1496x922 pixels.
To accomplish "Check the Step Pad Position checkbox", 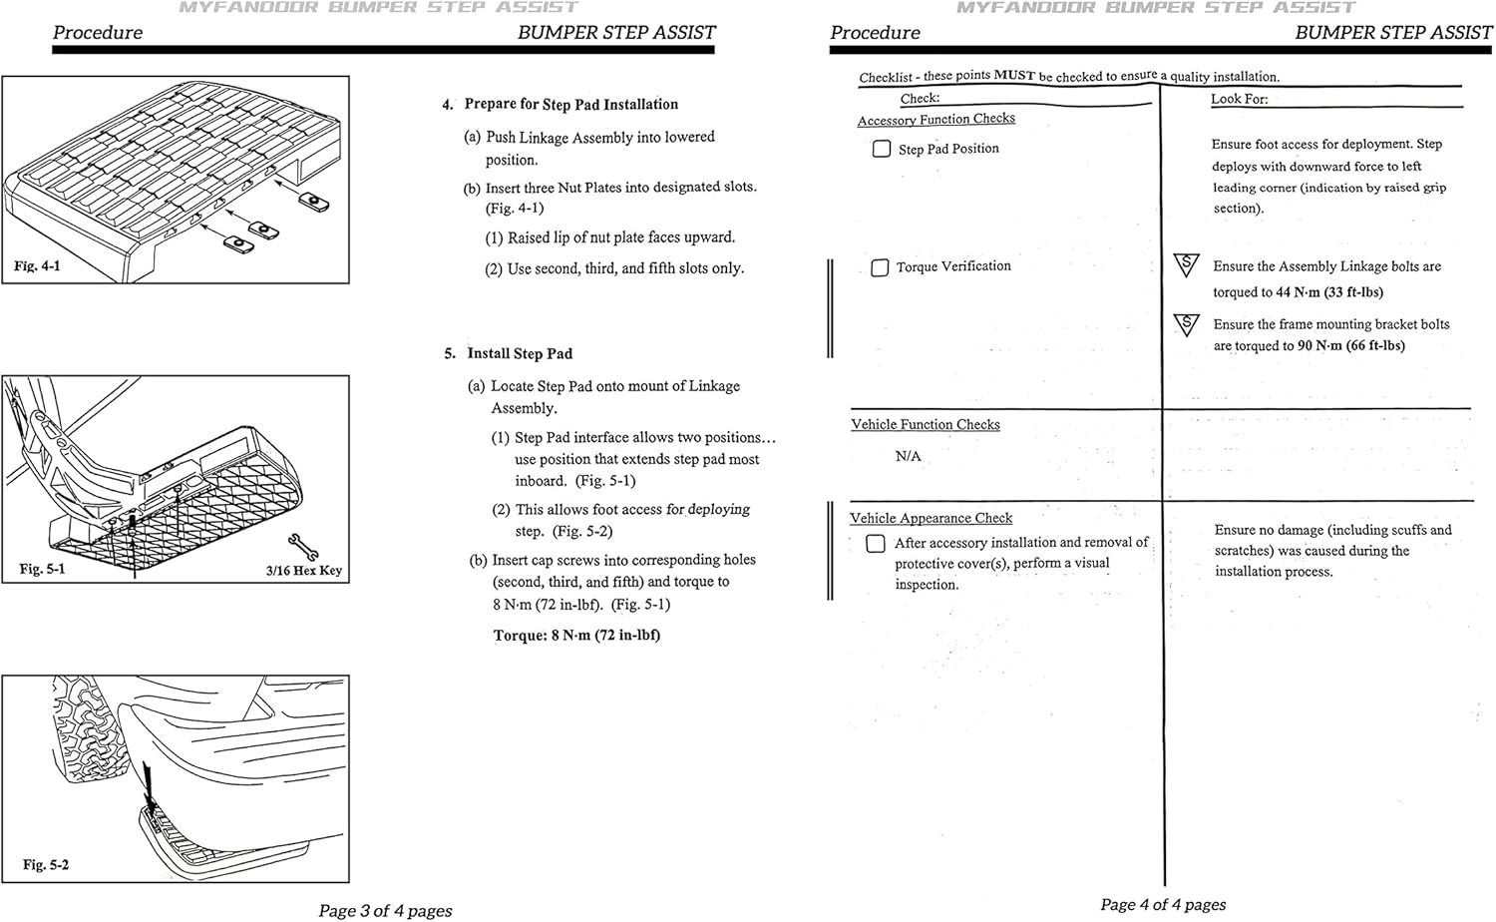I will tap(882, 149).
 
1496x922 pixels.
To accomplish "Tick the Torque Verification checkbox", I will tap(880, 267).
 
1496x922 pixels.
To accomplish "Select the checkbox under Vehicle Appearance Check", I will tap(876, 544).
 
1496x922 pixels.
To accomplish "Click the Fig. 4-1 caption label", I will tap(37, 266).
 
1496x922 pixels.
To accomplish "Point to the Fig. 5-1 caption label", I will tap(43, 569).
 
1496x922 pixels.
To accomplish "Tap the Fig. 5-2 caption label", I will tap(46, 864).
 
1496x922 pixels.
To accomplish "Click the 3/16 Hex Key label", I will tap(303, 571).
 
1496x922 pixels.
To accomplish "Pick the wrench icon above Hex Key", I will tap(302, 546).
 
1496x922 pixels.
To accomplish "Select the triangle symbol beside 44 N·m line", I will tap(1186, 265).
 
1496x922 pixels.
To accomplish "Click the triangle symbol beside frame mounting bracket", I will tap(1186, 324).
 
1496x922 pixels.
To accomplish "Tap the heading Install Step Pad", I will tap(520, 353).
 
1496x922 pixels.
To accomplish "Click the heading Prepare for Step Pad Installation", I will tap(570, 104).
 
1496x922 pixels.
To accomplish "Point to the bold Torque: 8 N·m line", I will tap(576, 636).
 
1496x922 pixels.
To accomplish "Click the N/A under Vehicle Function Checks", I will tap(908, 456).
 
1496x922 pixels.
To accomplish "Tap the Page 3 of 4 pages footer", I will tap(385, 910).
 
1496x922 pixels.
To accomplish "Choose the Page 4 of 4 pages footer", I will tap(1163, 904).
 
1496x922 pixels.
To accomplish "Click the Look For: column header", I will tap(1239, 99).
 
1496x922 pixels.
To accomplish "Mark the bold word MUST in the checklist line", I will tap(1014, 76).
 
